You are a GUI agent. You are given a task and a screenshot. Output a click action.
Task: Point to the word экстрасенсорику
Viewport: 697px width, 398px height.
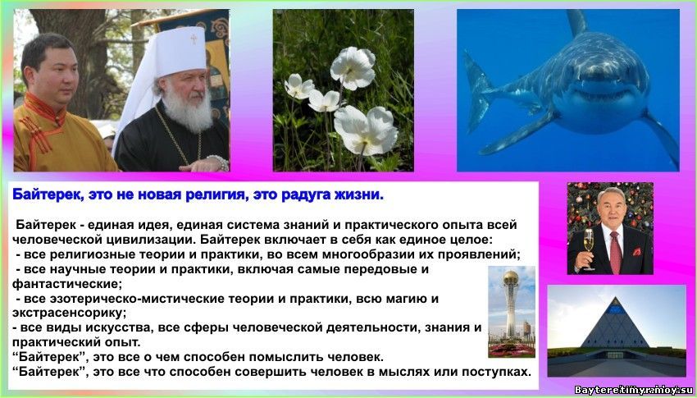click(x=69, y=313)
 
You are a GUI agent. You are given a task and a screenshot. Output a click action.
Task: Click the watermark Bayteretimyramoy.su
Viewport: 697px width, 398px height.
click(x=633, y=390)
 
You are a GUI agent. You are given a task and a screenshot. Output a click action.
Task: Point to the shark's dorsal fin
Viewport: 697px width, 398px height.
click(x=577, y=22)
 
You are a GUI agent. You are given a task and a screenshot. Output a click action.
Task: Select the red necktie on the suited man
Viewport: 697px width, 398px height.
click(x=615, y=252)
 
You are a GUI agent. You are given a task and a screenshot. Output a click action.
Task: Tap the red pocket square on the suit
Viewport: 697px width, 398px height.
click(x=636, y=251)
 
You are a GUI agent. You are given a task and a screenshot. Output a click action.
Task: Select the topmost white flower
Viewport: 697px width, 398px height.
click(x=353, y=67)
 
